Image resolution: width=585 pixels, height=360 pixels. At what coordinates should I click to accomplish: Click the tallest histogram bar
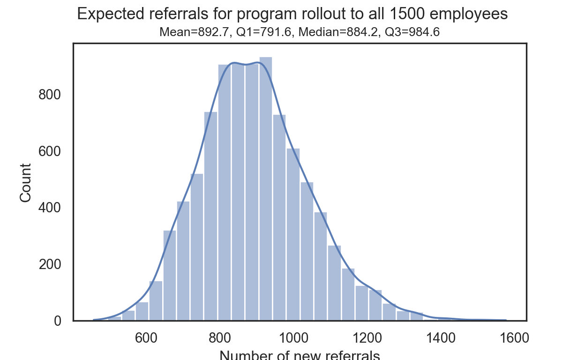pyautogui.click(x=265, y=187)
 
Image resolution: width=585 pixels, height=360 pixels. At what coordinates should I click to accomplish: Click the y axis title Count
pyautogui.click(x=26, y=182)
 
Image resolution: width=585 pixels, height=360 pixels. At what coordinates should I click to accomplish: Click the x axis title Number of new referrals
pyautogui.click(x=300, y=355)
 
